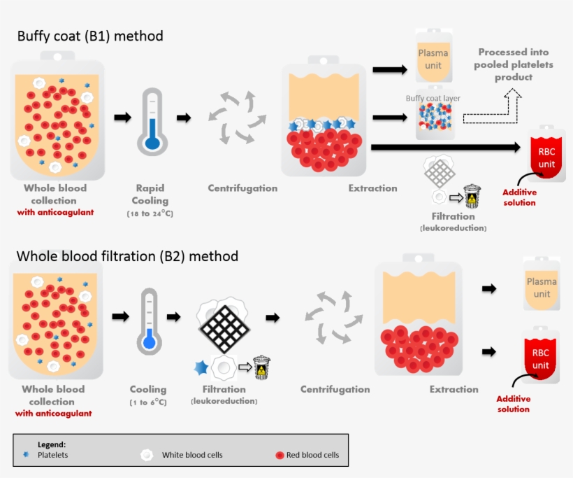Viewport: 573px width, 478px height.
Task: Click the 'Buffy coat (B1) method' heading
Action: pos(90,36)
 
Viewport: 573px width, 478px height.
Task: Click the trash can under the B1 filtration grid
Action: pos(472,197)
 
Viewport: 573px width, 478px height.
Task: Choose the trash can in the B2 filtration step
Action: pos(262,367)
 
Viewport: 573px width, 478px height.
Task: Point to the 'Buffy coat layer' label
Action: pos(433,99)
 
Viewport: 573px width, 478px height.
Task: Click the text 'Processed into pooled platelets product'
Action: pos(513,64)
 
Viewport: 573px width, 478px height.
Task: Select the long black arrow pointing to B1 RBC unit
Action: pos(447,147)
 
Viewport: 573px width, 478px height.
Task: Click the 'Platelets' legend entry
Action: pos(53,455)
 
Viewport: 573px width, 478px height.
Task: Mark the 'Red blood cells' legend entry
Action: pos(312,455)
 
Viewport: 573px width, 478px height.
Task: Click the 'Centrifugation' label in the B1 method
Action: pos(242,188)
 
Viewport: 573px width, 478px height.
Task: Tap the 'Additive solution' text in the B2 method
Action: pos(514,404)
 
